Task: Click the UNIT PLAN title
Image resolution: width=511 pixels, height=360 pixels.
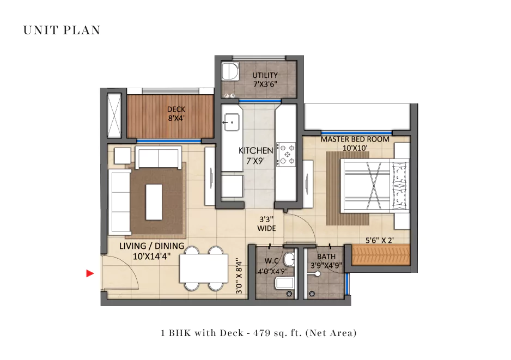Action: (62, 30)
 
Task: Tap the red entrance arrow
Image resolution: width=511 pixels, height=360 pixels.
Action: (90, 274)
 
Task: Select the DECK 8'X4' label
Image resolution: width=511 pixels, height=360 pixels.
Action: (176, 113)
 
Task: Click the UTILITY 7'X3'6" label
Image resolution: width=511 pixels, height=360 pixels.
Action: (265, 80)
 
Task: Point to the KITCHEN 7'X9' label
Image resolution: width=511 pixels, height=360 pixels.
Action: (255, 155)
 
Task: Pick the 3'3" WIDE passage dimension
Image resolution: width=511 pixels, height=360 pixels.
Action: (267, 224)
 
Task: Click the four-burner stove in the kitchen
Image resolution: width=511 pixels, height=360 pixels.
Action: (287, 154)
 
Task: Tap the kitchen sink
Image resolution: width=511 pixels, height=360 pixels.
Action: (232, 122)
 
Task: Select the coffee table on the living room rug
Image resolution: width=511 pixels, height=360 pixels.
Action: (154, 201)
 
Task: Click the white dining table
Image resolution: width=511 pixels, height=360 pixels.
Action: (203, 269)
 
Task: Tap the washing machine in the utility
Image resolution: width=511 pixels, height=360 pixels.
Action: (229, 72)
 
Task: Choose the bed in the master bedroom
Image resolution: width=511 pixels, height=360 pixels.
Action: (374, 186)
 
